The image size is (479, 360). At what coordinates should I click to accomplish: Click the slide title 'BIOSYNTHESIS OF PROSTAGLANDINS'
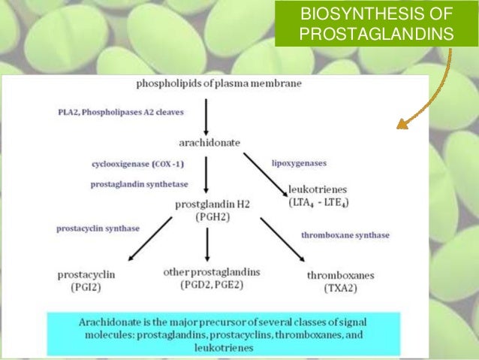[x=375, y=24]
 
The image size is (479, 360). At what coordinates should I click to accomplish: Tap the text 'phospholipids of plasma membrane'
[x=207, y=83]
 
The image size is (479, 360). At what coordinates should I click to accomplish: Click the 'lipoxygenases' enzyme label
[x=298, y=162]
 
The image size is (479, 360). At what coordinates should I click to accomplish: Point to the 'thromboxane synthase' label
[x=345, y=235]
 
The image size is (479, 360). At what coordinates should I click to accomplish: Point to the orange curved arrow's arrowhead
[x=402, y=124]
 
